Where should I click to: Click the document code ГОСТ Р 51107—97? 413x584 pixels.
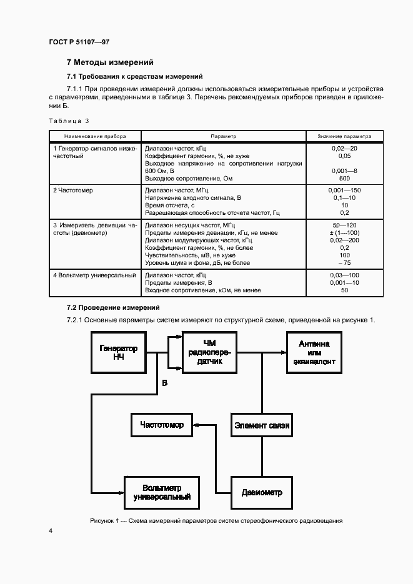tap(79, 42)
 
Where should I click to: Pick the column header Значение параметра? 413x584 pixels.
tap(344, 136)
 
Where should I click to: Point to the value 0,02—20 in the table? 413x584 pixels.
tap(344, 149)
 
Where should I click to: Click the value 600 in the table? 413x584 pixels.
tap(344, 179)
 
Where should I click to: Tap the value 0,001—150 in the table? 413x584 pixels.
tap(344, 190)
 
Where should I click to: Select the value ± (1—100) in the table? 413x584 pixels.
tap(344, 232)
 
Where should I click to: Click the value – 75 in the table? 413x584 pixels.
tap(344, 263)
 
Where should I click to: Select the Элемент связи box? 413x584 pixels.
tap(262, 425)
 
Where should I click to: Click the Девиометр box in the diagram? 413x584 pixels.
tap(262, 492)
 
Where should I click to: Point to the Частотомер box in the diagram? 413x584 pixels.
tap(162, 425)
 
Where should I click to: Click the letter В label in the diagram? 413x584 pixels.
tap(164, 383)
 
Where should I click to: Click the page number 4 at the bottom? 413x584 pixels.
tap(51, 531)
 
